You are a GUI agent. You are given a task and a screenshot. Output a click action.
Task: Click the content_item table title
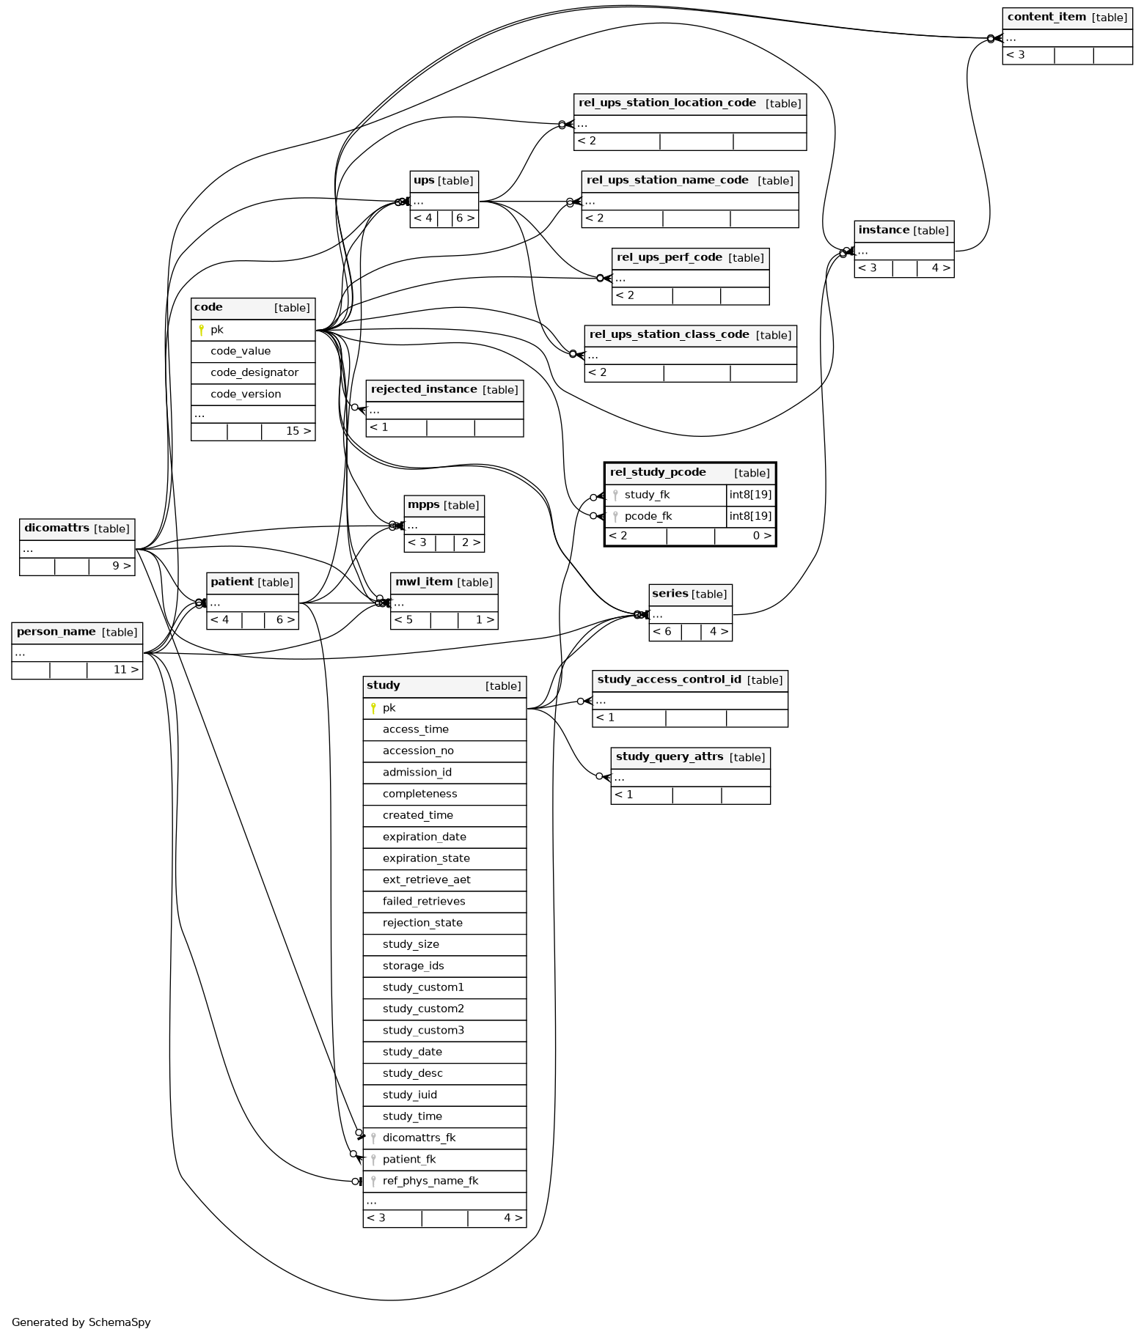pyautogui.click(x=1046, y=18)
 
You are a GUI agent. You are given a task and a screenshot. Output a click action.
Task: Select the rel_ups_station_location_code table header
pyautogui.click(x=690, y=104)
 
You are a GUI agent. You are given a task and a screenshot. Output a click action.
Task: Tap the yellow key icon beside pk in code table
pyautogui.click(x=202, y=330)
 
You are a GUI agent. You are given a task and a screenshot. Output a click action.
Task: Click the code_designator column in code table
pyautogui.click(x=254, y=372)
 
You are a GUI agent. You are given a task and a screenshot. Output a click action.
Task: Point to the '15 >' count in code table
pyautogui.click(x=298, y=431)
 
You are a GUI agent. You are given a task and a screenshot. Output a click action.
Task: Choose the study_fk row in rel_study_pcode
pyautogui.click(x=665, y=495)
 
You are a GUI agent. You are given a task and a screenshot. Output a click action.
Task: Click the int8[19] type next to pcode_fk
pyautogui.click(x=750, y=516)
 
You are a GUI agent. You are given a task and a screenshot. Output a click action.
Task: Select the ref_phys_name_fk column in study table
pyautogui.click(x=430, y=1181)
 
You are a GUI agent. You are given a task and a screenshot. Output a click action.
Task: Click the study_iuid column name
pyautogui.click(x=409, y=1095)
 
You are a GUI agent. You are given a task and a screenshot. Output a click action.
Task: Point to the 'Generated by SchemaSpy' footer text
pyautogui.click(x=81, y=1322)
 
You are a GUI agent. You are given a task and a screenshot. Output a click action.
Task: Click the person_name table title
pyautogui.click(x=56, y=632)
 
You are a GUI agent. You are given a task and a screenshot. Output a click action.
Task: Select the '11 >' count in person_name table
pyautogui.click(x=125, y=670)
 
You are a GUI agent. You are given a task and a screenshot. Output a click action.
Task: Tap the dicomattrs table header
pyautogui.click(x=77, y=528)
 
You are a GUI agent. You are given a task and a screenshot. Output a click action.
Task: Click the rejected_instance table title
pyautogui.click(x=424, y=389)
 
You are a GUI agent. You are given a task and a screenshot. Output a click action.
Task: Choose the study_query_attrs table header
pyautogui.click(x=690, y=757)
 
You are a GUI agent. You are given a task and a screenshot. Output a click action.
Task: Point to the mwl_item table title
pyautogui.click(x=424, y=582)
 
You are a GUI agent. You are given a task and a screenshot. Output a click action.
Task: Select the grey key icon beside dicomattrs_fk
pyautogui.click(x=373, y=1138)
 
